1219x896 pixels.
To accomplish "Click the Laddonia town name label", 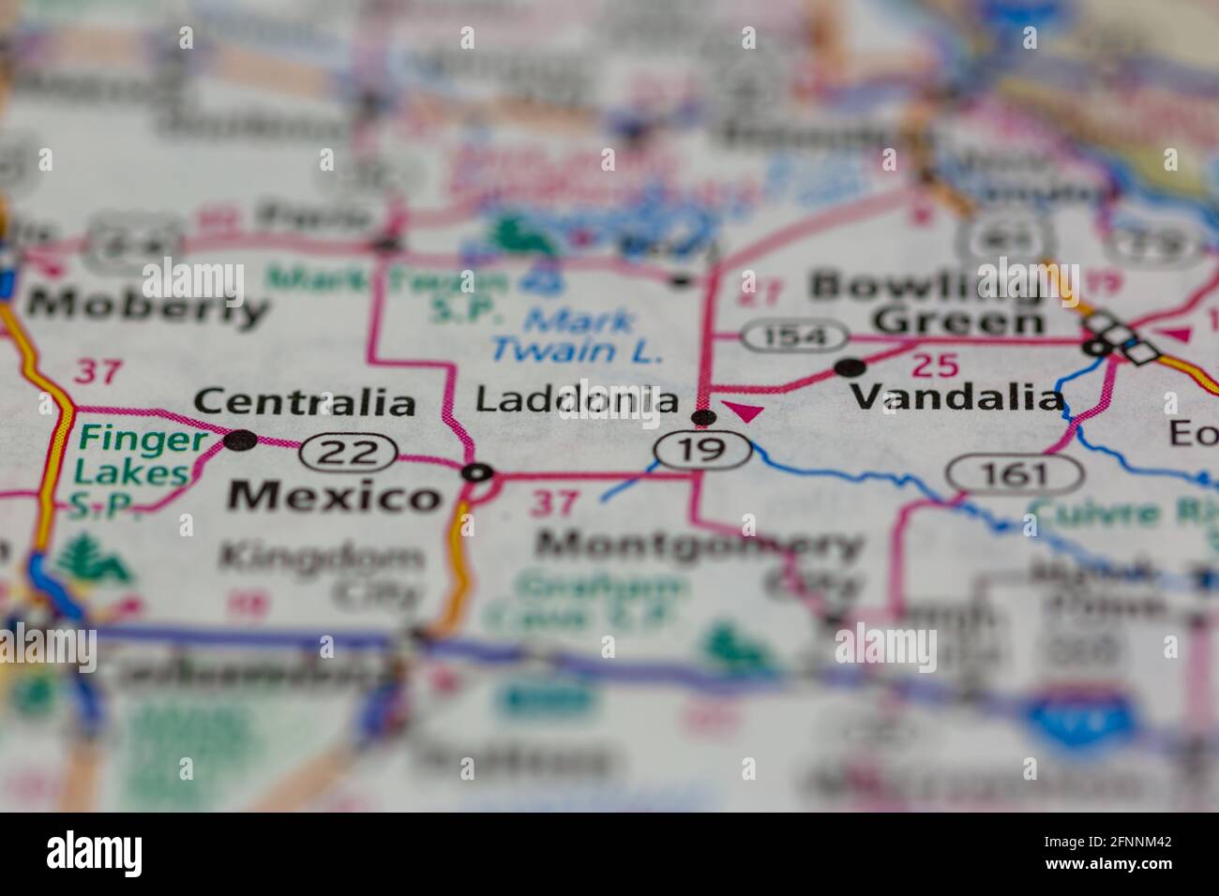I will point(576,400).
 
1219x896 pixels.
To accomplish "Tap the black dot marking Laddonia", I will point(703,417).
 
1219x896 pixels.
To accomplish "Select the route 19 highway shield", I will point(703,451).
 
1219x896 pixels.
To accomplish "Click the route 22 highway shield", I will point(347,453).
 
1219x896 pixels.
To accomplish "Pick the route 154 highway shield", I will point(795,336).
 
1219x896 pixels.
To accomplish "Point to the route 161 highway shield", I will point(1016,474).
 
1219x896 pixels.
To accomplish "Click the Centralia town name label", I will point(305,403).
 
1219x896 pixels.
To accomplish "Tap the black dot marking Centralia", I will point(241,440).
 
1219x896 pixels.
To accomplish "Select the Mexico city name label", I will point(335,496).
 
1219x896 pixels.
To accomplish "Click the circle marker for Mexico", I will point(477,473).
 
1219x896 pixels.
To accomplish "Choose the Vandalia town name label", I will point(957,398).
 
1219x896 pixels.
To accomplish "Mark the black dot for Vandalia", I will point(850,367).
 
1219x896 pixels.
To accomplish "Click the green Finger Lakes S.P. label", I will point(131,471).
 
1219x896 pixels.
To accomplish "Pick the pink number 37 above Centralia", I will point(98,371).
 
